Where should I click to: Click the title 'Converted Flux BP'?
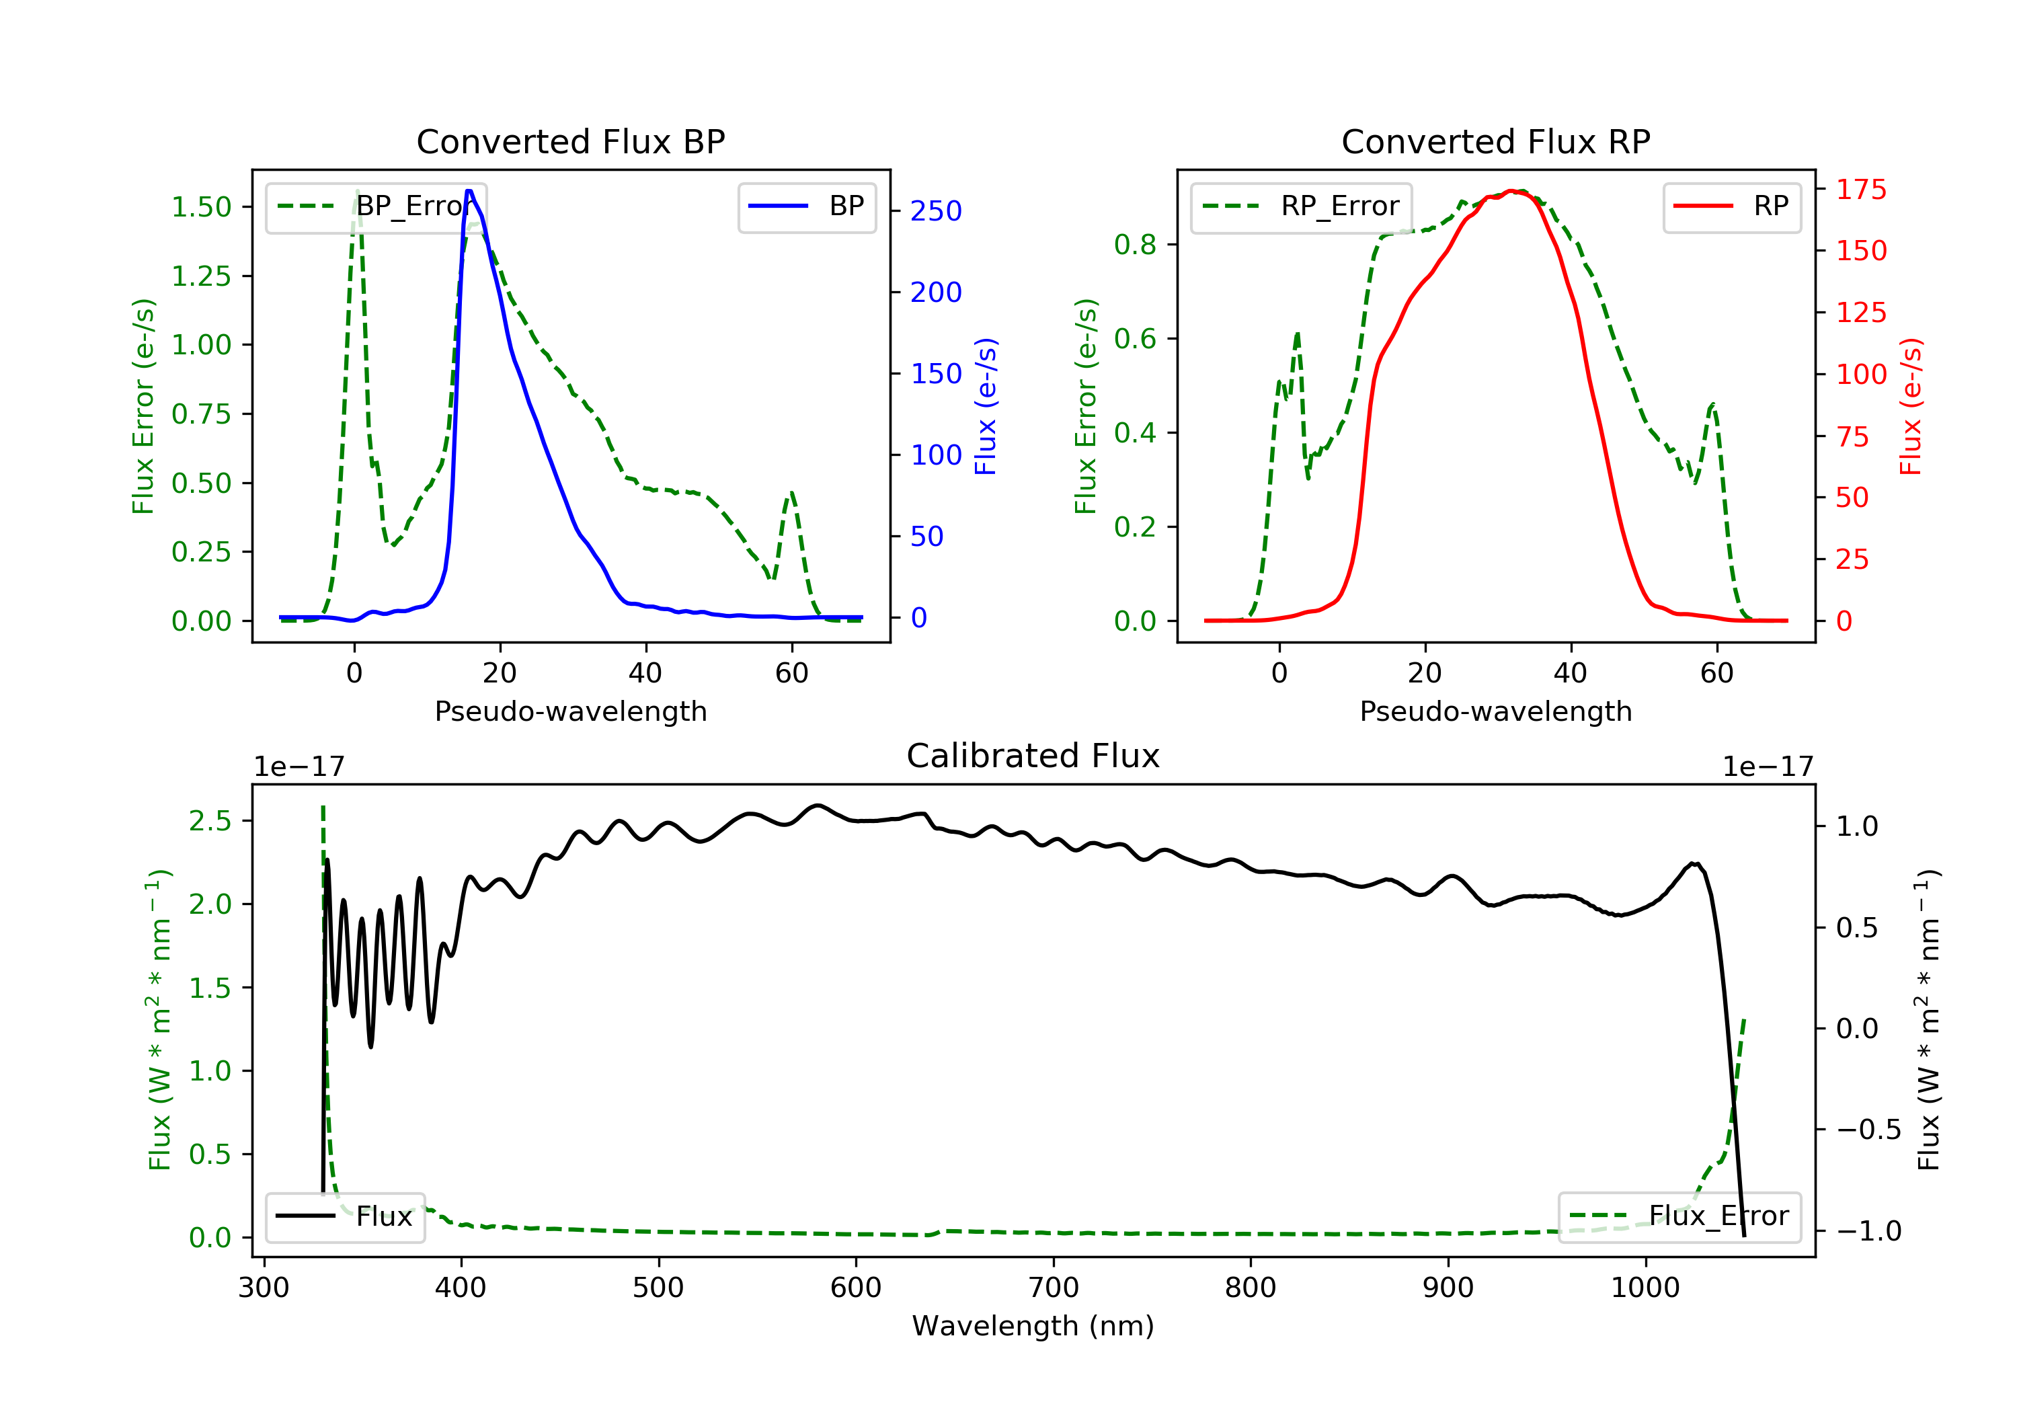[x=570, y=141]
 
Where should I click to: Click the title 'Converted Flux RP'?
[x=1495, y=141]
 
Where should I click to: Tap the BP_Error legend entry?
[x=376, y=206]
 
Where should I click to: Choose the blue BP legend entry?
[x=806, y=206]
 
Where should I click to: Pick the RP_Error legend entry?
[x=1301, y=206]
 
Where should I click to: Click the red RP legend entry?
[x=1731, y=206]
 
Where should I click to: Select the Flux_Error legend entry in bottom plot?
[x=1679, y=1216]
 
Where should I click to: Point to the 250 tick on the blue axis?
[x=936, y=211]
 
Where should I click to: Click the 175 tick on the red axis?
[x=1860, y=189]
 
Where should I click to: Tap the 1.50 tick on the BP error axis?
[x=201, y=207]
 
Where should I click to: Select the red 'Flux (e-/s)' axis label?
[x=1911, y=406]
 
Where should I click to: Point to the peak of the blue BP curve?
[x=469, y=191]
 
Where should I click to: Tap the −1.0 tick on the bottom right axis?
[x=1868, y=1231]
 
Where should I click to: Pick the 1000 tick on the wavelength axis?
[x=1645, y=1288]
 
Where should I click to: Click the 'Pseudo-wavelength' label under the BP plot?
[x=570, y=711]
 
